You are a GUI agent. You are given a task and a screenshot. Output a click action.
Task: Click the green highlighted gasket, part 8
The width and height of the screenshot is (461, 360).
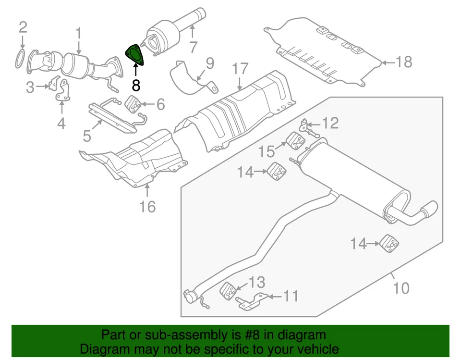135,55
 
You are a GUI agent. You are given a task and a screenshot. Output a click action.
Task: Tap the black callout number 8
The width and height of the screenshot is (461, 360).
136,86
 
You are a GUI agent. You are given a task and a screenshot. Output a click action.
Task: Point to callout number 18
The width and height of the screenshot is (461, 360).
404,62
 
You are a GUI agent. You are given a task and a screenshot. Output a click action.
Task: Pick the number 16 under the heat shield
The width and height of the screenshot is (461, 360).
147,206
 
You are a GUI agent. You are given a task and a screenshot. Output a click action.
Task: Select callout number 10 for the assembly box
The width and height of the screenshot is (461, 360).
401,288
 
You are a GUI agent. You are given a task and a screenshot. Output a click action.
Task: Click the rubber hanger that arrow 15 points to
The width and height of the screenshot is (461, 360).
296,140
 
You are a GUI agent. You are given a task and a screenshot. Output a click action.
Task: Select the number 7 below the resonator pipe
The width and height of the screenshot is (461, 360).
193,47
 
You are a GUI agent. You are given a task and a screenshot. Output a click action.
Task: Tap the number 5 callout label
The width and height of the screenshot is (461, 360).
86,136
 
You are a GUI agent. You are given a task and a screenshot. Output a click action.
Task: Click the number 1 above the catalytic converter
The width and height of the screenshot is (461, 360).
78,34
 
